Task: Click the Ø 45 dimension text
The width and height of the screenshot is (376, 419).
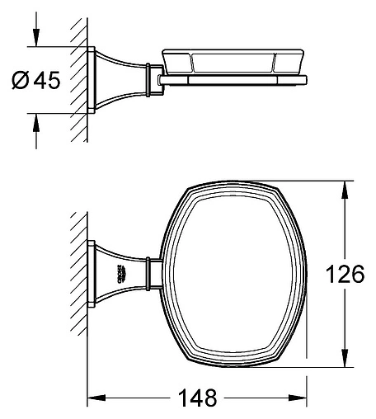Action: click(x=36, y=80)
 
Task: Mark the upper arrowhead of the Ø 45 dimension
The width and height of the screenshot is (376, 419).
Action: click(x=36, y=39)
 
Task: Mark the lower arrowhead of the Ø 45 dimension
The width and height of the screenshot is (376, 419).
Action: click(x=36, y=121)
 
